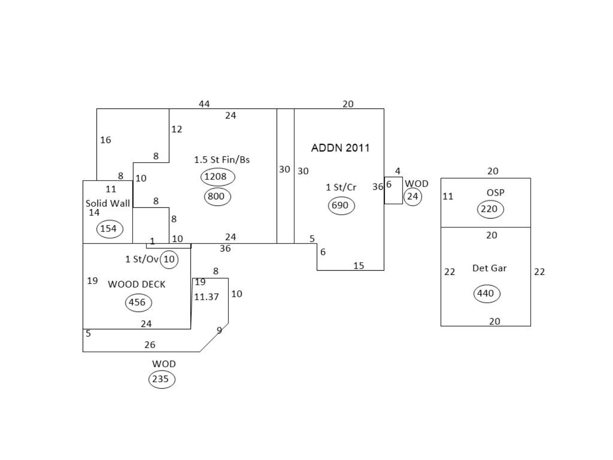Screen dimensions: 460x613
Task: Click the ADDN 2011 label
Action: [x=340, y=148]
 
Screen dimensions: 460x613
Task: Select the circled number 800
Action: [x=217, y=197]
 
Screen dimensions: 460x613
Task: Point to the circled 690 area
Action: [x=341, y=205]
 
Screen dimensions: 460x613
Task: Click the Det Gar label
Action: [x=489, y=268]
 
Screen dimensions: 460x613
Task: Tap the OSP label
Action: [x=495, y=192]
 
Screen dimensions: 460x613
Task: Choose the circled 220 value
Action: [x=490, y=209]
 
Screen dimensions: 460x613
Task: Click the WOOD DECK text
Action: [x=136, y=284]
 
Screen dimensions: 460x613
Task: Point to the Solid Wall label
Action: [x=108, y=203]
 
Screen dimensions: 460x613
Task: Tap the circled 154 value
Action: [x=109, y=229]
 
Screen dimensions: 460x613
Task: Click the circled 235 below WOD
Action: [x=161, y=379]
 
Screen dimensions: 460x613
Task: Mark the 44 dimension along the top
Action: [x=204, y=104]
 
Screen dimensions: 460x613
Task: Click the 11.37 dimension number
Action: [x=207, y=297]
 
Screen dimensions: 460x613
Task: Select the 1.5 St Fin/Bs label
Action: [x=222, y=160]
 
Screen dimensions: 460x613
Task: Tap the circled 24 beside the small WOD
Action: [x=413, y=197]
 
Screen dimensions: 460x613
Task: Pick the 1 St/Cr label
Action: [x=341, y=187]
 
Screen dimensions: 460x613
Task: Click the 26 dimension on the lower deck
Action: [x=150, y=345]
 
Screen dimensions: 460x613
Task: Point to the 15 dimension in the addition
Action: [x=359, y=266]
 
